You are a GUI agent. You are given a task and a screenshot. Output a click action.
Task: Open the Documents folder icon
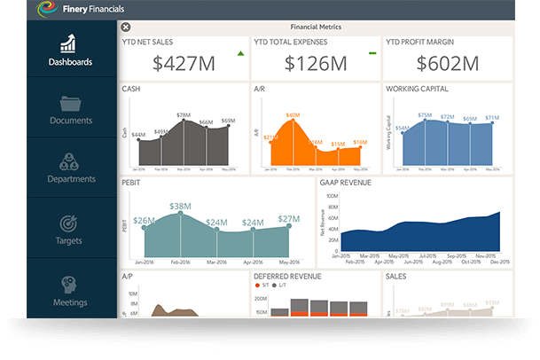(70, 104)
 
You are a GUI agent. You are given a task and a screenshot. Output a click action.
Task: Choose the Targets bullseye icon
(69, 224)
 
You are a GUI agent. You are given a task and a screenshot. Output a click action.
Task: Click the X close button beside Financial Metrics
(125, 27)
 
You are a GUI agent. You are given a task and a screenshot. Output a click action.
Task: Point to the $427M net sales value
(184, 63)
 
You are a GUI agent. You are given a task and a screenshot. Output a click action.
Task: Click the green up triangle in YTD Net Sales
(240, 54)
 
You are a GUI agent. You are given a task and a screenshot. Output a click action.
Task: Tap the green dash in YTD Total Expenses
(372, 53)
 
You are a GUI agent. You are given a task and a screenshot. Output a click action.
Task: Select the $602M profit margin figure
(448, 63)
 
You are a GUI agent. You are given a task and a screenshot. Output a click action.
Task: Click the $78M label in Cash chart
(184, 115)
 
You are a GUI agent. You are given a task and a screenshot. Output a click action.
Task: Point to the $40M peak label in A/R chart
(293, 115)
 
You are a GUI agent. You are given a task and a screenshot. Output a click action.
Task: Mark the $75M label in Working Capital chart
(425, 115)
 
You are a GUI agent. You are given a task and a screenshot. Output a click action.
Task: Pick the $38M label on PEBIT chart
(181, 206)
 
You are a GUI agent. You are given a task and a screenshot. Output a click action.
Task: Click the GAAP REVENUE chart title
(346, 183)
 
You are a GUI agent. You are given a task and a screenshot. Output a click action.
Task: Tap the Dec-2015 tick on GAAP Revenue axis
(500, 263)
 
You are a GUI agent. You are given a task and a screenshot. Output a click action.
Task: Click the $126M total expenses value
(316, 63)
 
